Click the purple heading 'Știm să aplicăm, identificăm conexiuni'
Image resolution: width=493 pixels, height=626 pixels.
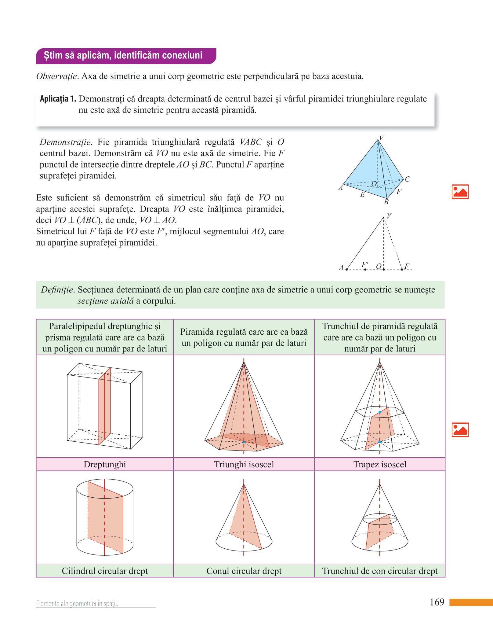[x=123, y=56]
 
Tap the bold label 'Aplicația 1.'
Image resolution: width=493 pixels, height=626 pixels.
[x=58, y=99]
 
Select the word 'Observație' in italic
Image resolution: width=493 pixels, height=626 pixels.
[x=56, y=76]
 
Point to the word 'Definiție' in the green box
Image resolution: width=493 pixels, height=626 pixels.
[x=57, y=290]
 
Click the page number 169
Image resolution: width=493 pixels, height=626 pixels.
[x=437, y=602]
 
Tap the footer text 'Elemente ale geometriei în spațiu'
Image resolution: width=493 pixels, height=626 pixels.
[x=77, y=603]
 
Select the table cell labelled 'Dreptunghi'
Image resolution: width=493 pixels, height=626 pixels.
[x=105, y=464]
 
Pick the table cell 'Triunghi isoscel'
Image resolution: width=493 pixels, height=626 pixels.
[x=244, y=464]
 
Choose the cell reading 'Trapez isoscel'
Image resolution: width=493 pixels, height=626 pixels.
[x=380, y=464]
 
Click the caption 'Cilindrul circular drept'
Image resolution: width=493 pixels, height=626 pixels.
[x=105, y=571]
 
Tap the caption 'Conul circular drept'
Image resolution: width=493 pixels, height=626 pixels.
[x=244, y=571]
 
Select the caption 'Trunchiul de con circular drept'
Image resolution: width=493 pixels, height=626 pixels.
[x=380, y=571]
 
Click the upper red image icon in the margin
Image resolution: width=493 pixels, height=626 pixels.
[x=460, y=192]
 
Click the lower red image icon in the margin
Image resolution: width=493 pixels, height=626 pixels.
[x=460, y=430]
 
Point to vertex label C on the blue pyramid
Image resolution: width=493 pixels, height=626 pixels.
[x=408, y=179]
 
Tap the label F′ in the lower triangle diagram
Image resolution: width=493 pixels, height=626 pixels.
[x=365, y=264]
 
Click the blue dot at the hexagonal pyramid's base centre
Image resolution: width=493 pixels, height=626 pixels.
[x=244, y=442]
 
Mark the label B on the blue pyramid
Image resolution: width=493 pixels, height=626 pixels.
[x=386, y=202]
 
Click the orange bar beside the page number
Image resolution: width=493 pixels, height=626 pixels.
[x=471, y=602]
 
